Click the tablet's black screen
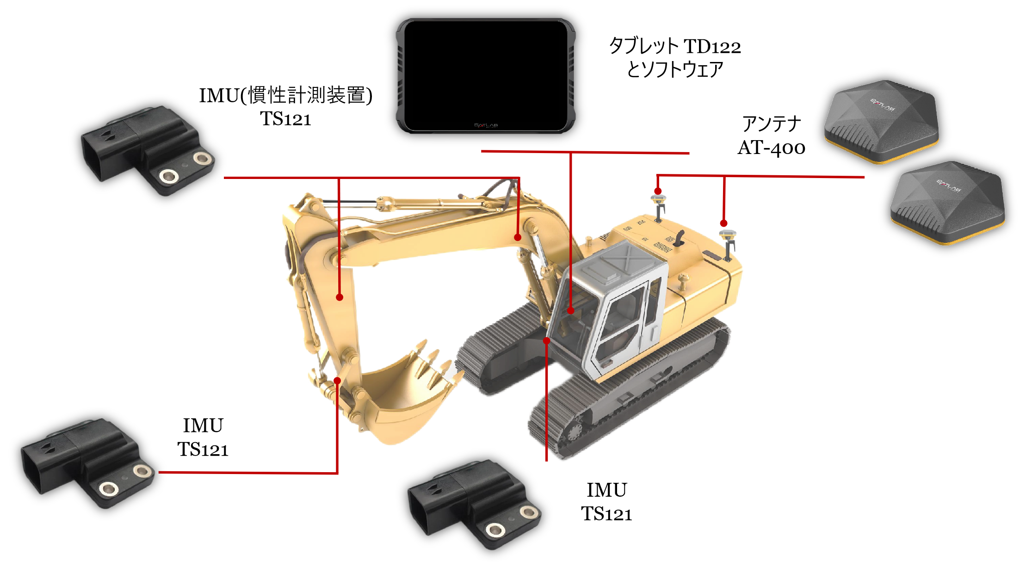point(486,74)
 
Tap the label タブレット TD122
point(675,47)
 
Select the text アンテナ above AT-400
point(772,124)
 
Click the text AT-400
point(771,148)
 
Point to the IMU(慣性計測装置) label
point(285,96)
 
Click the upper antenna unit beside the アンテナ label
point(882,121)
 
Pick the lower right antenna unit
point(948,202)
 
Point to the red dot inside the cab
point(571,311)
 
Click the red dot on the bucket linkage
point(338,381)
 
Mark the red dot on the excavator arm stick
point(340,297)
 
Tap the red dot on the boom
point(518,237)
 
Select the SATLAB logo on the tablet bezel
point(486,125)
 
